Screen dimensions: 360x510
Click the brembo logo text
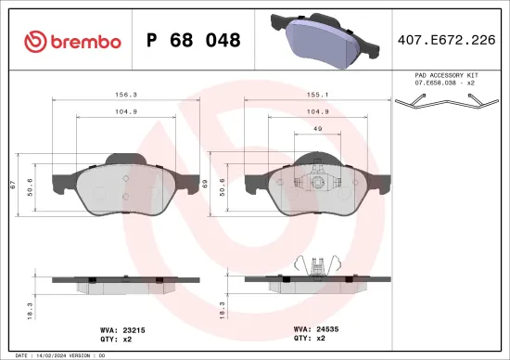pos(85,41)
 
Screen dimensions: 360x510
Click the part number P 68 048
pos(195,41)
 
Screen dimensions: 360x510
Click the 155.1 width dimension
pos(316,94)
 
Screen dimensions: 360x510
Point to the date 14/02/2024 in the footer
pos(61,355)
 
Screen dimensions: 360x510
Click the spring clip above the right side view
pos(316,265)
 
